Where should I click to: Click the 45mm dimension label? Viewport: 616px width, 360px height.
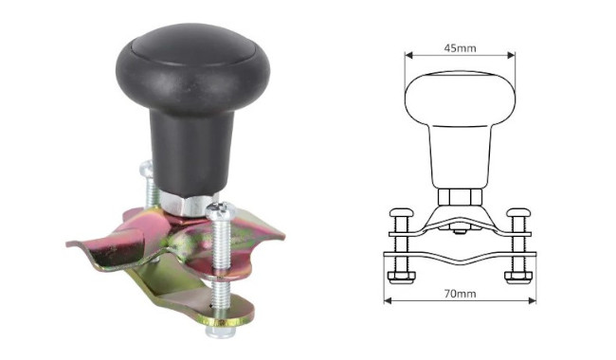(460, 48)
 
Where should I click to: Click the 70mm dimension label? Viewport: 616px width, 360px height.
(460, 294)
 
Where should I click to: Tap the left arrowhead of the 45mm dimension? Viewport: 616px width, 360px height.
(408, 55)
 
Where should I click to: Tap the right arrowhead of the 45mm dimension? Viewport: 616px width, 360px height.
(511, 55)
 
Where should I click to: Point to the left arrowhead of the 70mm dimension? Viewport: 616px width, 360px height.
(388, 301)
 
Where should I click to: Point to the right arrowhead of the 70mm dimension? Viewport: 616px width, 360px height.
(532, 301)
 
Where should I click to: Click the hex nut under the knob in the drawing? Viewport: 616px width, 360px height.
(460, 197)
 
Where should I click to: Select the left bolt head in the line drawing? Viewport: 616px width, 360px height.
(401, 213)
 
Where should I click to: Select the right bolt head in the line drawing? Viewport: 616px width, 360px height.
(518, 213)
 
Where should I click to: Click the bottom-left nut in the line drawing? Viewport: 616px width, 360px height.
(401, 277)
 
